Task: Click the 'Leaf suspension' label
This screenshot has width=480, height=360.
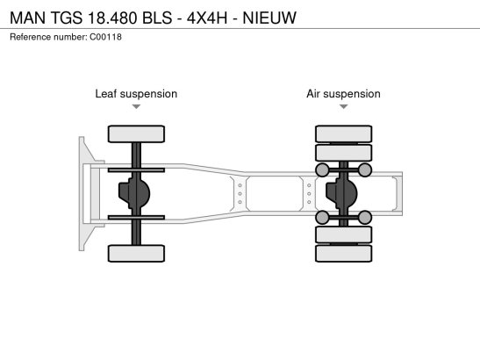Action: point(136,94)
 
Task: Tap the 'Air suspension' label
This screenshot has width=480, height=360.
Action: point(343,94)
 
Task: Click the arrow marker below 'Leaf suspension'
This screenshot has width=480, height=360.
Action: point(136,106)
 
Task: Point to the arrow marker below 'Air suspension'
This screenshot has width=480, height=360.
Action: point(343,106)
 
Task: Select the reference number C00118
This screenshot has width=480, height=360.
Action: point(105,37)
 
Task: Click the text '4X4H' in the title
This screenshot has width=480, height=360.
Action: point(207,18)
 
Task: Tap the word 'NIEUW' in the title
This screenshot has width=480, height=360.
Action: point(269,18)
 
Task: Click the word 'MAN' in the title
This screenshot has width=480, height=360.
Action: point(28,18)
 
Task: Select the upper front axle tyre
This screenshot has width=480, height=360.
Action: point(136,133)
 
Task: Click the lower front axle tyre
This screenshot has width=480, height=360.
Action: point(136,254)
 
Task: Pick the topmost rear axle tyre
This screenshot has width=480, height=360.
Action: point(343,133)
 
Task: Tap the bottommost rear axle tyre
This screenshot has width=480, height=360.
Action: point(343,254)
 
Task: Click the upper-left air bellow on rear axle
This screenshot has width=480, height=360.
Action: point(322,170)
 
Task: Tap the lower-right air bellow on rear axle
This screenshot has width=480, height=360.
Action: point(364,217)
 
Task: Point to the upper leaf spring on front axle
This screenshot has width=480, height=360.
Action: point(136,170)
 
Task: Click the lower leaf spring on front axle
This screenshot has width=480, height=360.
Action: point(136,217)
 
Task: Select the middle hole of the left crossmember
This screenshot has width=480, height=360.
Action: point(240,194)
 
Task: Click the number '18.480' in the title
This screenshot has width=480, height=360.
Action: point(112,18)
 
